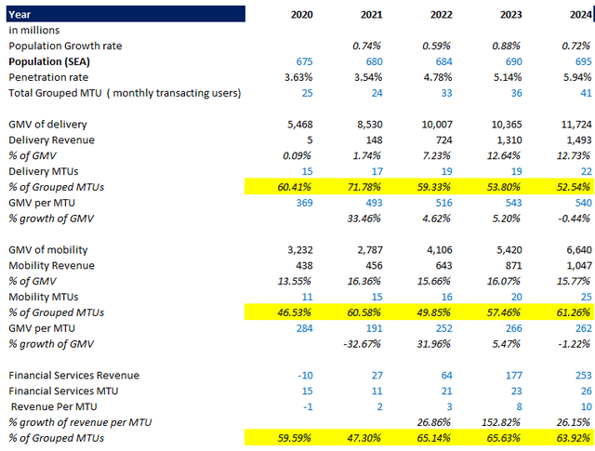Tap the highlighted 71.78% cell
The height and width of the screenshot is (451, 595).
[365, 188]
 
